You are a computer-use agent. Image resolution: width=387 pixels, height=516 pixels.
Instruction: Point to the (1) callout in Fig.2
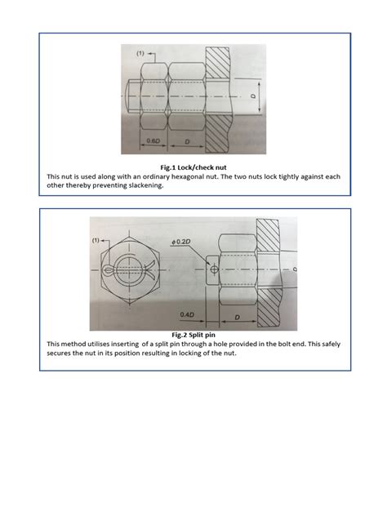click(96, 241)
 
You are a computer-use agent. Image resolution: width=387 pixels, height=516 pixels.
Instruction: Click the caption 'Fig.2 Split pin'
click(193, 335)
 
